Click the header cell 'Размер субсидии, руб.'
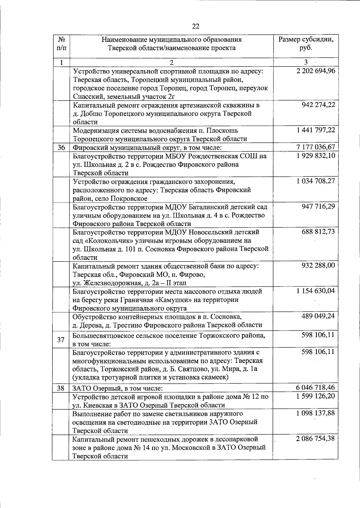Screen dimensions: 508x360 (x=306, y=44)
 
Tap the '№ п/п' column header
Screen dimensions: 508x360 (x=61, y=44)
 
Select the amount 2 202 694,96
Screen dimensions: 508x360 (x=315, y=71)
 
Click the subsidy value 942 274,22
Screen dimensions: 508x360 (x=319, y=105)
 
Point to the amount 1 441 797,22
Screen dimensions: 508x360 (x=315, y=130)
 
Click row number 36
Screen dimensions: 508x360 (x=61, y=147)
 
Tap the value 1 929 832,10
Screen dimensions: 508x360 (x=315, y=156)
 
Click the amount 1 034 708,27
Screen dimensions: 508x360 (x=315, y=181)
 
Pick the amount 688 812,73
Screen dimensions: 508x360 (x=319, y=232)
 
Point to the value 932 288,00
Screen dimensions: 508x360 (x=319, y=266)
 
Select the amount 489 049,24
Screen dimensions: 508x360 (x=319, y=316)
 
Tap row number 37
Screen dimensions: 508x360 (x=61, y=340)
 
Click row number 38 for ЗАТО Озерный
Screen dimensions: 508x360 (x=61, y=388)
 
